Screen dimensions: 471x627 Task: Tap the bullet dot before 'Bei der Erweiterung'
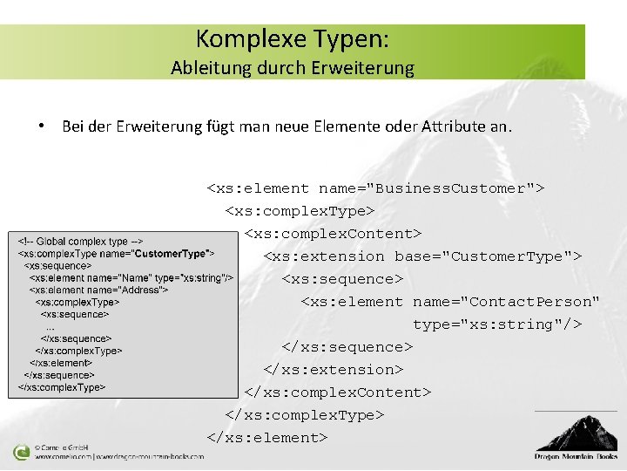coord(41,126)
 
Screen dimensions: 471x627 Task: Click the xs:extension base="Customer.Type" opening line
coord(422,256)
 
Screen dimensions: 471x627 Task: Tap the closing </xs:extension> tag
coord(334,370)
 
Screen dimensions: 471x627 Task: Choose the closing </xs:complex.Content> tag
coord(337,392)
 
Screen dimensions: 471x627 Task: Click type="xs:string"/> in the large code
coord(497,324)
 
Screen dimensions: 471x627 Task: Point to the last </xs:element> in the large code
coord(267,438)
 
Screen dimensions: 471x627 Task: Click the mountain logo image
coord(577,432)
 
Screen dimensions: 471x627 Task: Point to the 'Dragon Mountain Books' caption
coord(576,456)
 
